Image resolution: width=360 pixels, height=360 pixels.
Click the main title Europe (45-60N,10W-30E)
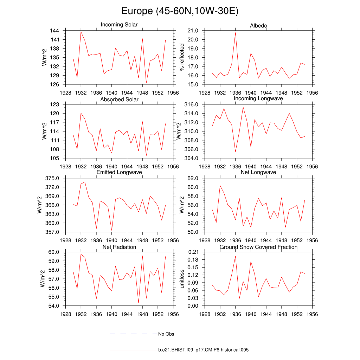[x=180, y=11]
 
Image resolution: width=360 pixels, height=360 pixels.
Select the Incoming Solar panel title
[x=119, y=25]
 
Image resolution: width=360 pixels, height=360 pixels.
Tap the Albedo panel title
[x=258, y=26]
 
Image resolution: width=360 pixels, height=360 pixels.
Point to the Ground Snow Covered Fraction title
[x=258, y=247]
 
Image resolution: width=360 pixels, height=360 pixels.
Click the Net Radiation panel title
[x=119, y=247]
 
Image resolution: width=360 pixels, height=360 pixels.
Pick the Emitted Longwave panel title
[x=119, y=172]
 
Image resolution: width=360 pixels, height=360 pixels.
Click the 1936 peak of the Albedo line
[x=235, y=33]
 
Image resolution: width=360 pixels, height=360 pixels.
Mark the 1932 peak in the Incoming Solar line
[x=81, y=32]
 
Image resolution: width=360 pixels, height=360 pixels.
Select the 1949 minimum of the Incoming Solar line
[x=146, y=83]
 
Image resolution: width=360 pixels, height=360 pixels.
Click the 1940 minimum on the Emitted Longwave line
[x=111, y=230]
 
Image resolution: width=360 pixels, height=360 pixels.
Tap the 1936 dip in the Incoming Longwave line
[x=235, y=152]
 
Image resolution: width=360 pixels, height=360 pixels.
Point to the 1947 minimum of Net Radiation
[x=139, y=303]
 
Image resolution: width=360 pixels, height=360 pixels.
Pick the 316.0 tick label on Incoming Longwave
[x=191, y=104]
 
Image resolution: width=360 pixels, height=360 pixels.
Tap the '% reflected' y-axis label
[x=182, y=57]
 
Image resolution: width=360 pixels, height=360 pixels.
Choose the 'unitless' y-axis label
[x=182, y=279]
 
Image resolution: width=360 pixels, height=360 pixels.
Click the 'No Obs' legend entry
[x=166, y=334]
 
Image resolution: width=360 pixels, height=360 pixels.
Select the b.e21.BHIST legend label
[x=204, y=350]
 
